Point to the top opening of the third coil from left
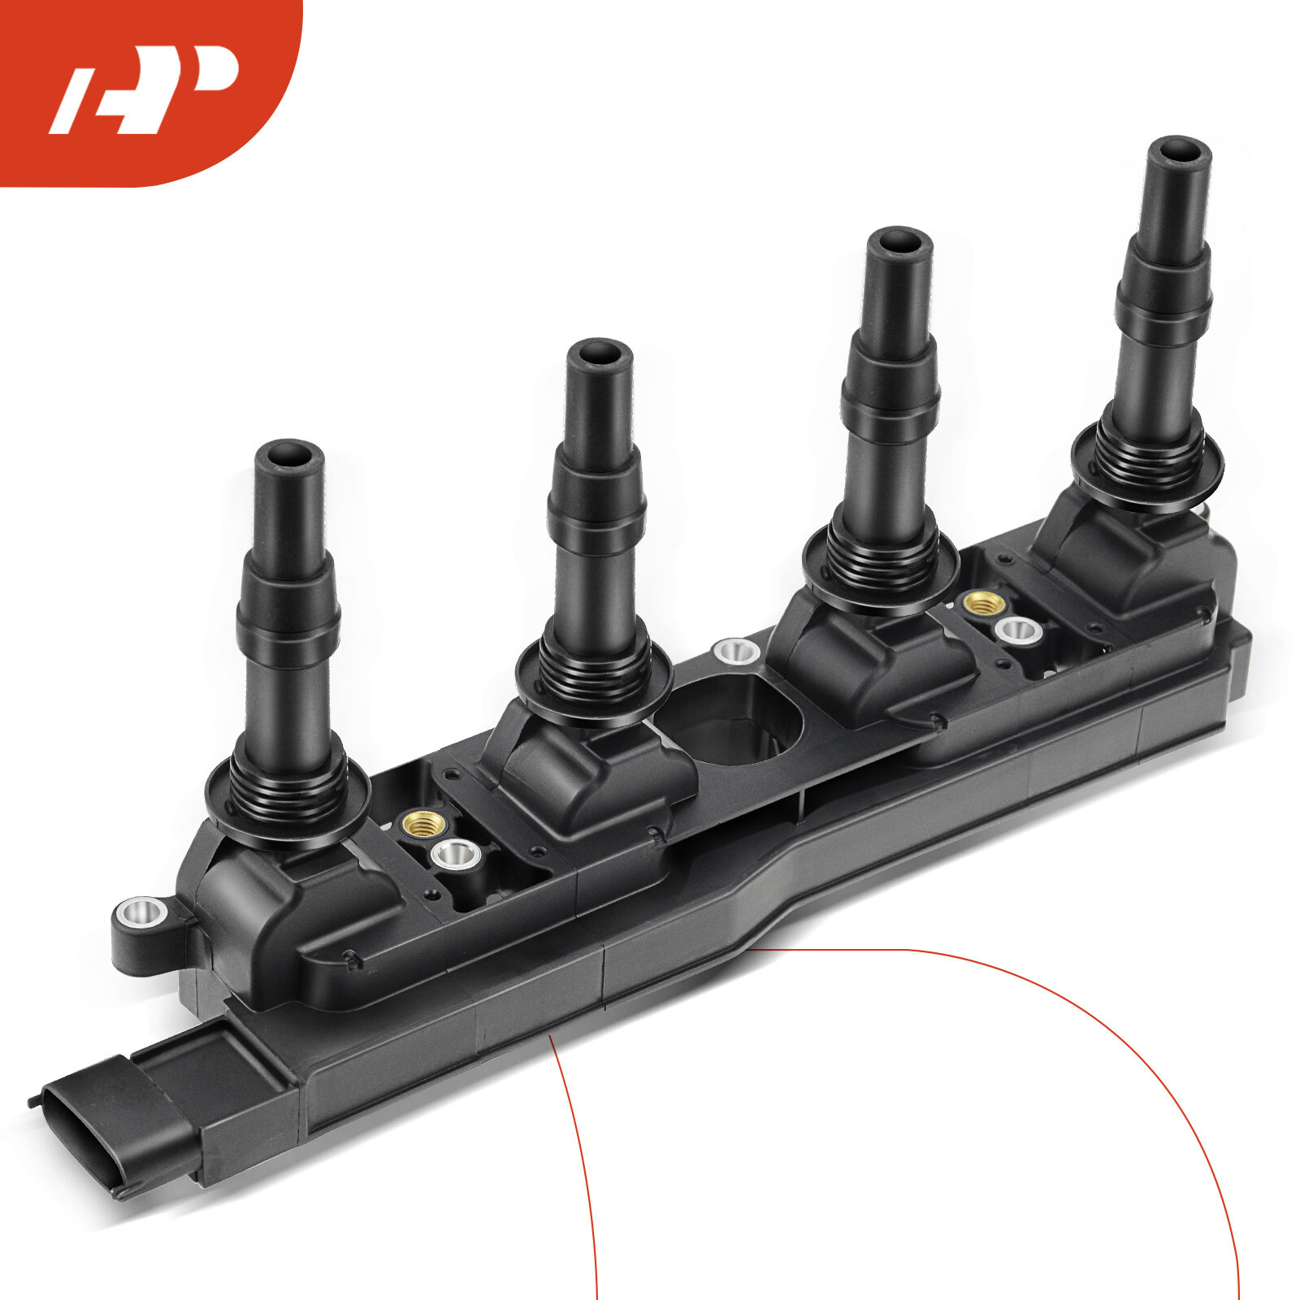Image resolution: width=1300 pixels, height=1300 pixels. point(898,241)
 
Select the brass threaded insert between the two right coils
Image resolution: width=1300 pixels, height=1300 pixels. point(981,603)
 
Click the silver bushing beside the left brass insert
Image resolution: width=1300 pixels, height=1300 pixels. point(455,854)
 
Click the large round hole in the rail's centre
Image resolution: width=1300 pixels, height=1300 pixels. point(735,719)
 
